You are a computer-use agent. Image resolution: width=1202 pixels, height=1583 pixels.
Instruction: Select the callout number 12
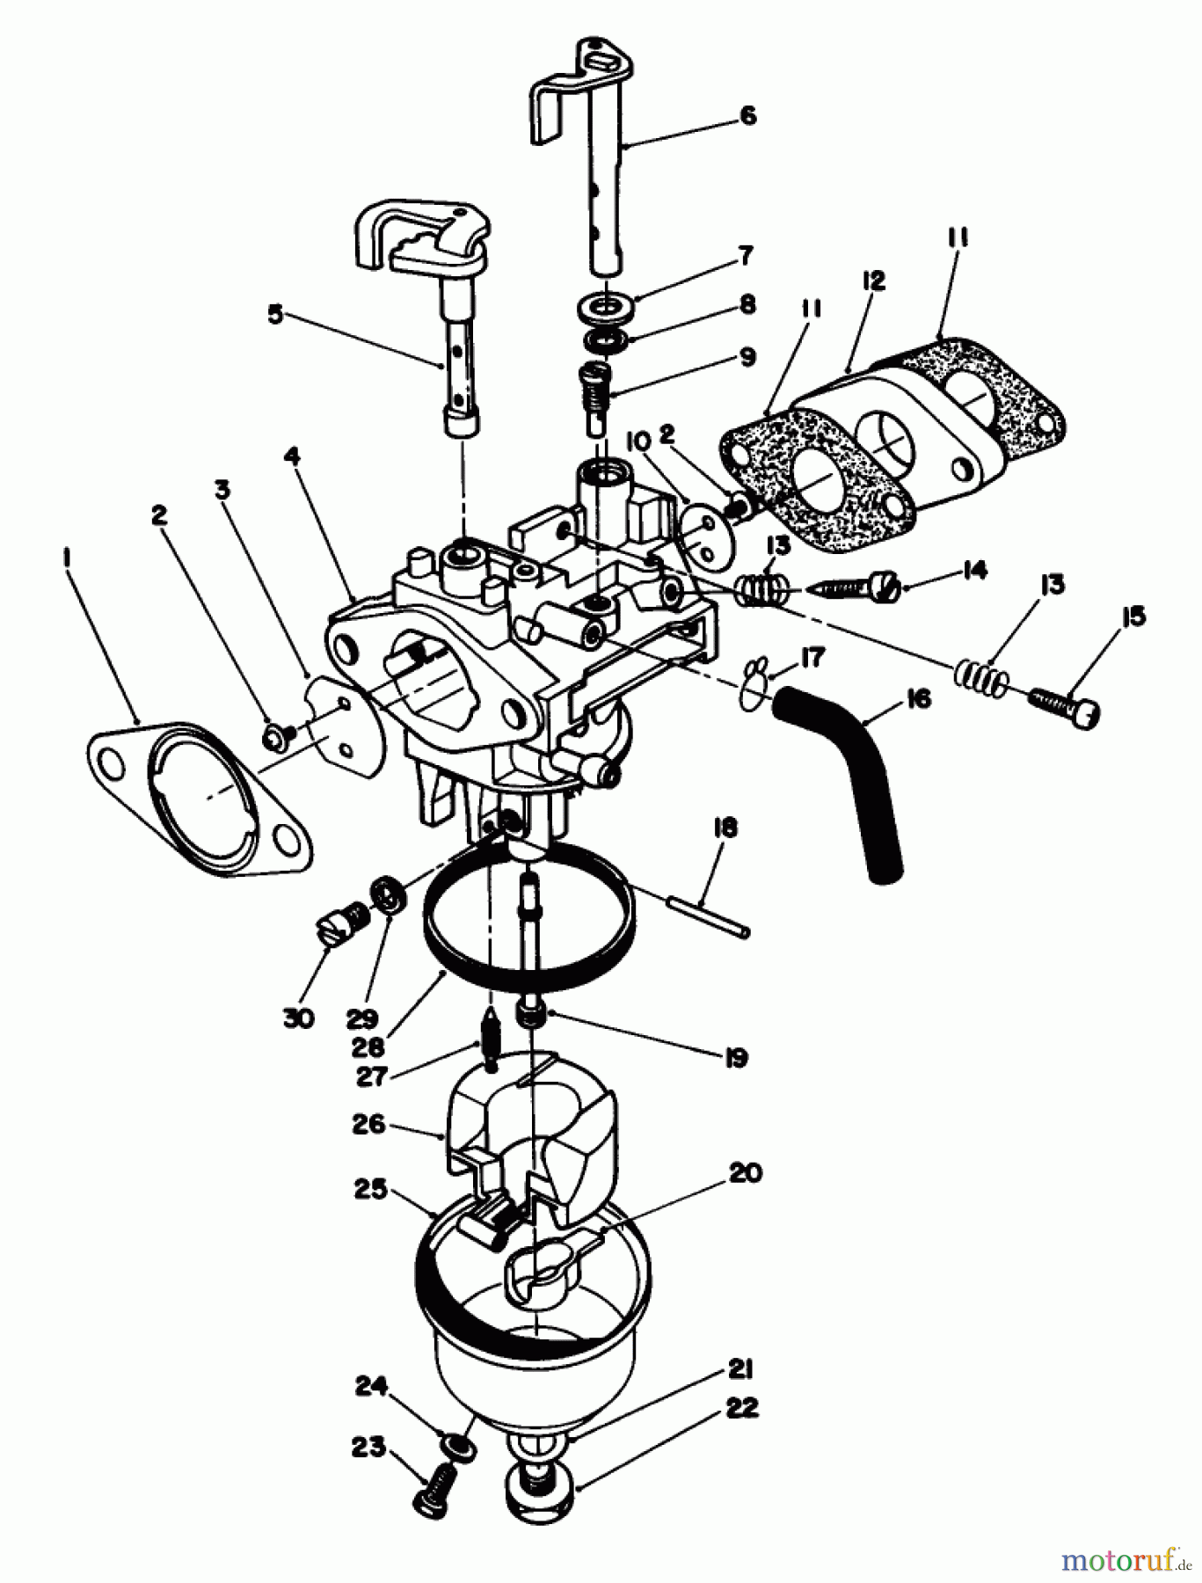click(874, 281)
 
